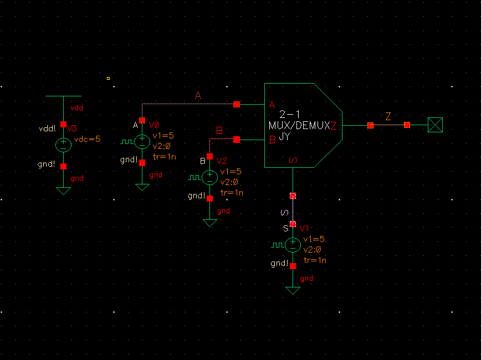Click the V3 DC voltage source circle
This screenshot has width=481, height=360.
63,145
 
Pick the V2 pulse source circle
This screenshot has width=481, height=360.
209,177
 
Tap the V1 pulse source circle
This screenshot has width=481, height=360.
293,244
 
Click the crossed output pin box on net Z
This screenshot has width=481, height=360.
436,125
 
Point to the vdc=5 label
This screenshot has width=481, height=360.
88,139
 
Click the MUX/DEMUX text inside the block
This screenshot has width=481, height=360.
299,125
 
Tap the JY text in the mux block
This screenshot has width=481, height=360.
284,136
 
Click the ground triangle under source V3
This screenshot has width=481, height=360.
63,190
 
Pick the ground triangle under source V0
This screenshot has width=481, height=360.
142,187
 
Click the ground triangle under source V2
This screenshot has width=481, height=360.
209,223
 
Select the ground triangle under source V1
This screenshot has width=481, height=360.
293,290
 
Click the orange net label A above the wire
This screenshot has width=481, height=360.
198,96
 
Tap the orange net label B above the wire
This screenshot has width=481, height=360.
219,131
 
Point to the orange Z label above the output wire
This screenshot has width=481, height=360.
388,116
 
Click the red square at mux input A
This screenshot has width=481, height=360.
237,104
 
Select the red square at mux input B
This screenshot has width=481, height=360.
237,140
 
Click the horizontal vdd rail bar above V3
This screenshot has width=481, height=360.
63,96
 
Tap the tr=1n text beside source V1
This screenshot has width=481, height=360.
315,260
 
